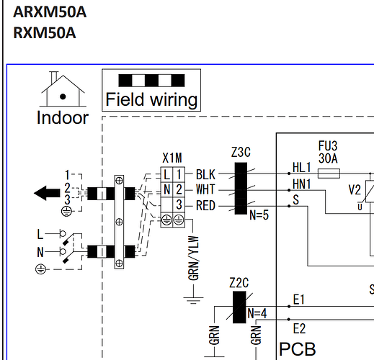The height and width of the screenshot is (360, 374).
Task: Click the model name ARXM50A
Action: tap(50, 12)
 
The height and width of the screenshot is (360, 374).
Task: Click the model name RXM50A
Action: tap(45, 33)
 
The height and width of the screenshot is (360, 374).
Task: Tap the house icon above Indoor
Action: tap(63, 89)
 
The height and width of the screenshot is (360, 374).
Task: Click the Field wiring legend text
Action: tap(151, 99)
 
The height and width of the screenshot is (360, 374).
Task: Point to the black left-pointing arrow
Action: tap(47, 193)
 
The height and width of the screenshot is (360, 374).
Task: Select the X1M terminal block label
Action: tap(172, 158)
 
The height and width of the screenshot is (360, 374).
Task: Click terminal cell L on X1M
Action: tap(166, 174)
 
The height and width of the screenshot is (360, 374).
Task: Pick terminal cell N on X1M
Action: tap(166, 189)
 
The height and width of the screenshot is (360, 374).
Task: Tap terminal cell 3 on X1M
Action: tap(179, 204)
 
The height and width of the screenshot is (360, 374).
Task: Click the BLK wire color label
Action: tap(205, 174)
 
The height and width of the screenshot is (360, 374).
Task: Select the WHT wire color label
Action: tap(205, 189)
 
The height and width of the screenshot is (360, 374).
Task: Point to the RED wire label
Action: tap(205, 206)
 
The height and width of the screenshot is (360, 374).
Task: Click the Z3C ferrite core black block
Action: tap(241, 189)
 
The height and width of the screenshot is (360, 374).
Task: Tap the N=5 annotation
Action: tap(259, 215)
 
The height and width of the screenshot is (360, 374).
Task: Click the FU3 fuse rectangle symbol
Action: tap(329, 174)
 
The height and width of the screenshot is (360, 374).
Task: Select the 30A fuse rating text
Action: tap(328, 158)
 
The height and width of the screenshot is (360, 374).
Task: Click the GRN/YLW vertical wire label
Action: tap(194, 258)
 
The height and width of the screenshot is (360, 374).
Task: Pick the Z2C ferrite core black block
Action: tap(239, 307)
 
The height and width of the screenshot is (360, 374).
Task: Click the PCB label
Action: tap(298, 349)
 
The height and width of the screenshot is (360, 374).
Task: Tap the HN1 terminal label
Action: tap(302, 184)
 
